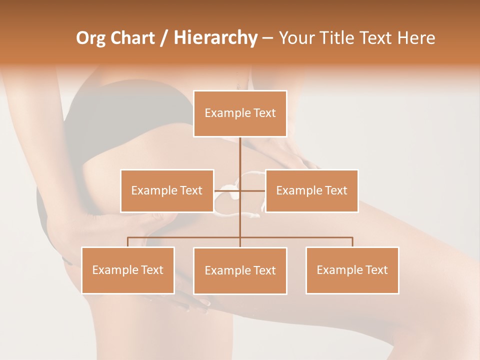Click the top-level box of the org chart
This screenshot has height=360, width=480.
coord(240,113)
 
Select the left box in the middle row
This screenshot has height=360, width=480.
coord(167,190)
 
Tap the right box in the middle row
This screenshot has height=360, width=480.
coord(311,190)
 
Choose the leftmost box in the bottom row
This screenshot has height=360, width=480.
coord(127,270)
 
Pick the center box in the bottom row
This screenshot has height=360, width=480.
coord(240,270)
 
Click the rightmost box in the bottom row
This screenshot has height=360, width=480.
coord(352,270)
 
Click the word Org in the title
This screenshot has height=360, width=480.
coord(90,38)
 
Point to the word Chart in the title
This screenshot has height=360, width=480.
coord(132,38)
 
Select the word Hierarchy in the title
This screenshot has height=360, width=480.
coord(215,38)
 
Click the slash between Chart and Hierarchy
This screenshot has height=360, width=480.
coord(164,38)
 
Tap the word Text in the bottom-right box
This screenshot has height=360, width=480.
coord(377,270)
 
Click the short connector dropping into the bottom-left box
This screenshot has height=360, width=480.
coord(127,242)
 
